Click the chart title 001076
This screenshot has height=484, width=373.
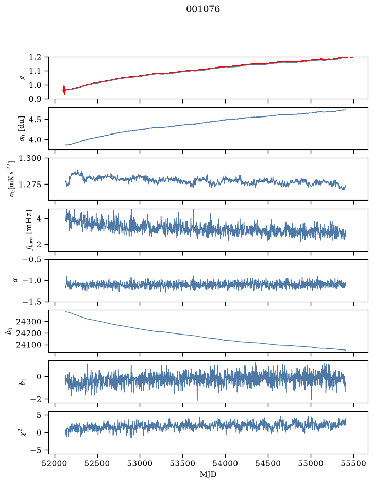(x=202, y=9)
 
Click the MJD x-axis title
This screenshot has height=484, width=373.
(x=208, y=474)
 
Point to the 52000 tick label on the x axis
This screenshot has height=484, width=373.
(x=55, y=463)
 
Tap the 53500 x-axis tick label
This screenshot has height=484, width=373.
(x=183, y=463)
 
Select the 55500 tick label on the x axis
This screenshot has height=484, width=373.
(x=353, y=463)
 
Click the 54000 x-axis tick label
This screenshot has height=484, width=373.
(x=225, y=463)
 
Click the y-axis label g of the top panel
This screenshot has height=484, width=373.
(x=22, y=78)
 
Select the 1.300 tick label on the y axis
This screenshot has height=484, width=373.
(x=30, y=158)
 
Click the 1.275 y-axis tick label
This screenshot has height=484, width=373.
(x=30, y=185)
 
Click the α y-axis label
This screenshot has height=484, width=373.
(x=16, y=280)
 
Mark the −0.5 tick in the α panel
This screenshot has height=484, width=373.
(x=32, y=259)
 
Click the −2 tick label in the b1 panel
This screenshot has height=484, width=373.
(x=36, y=399)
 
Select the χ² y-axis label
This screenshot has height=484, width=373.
(x=23, y=432)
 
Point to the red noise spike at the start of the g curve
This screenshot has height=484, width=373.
(x=64, y=90)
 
